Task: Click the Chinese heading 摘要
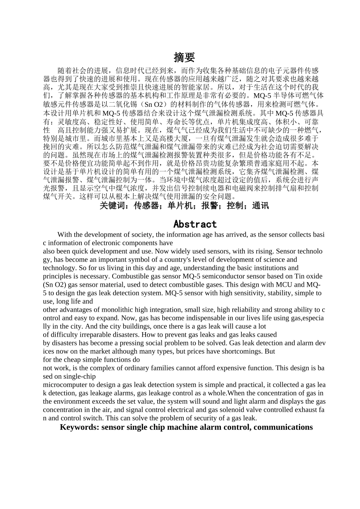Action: [x=184, y=58]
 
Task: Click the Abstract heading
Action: [x=195, y=224]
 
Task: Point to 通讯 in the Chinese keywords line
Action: [x=260, y=206]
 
